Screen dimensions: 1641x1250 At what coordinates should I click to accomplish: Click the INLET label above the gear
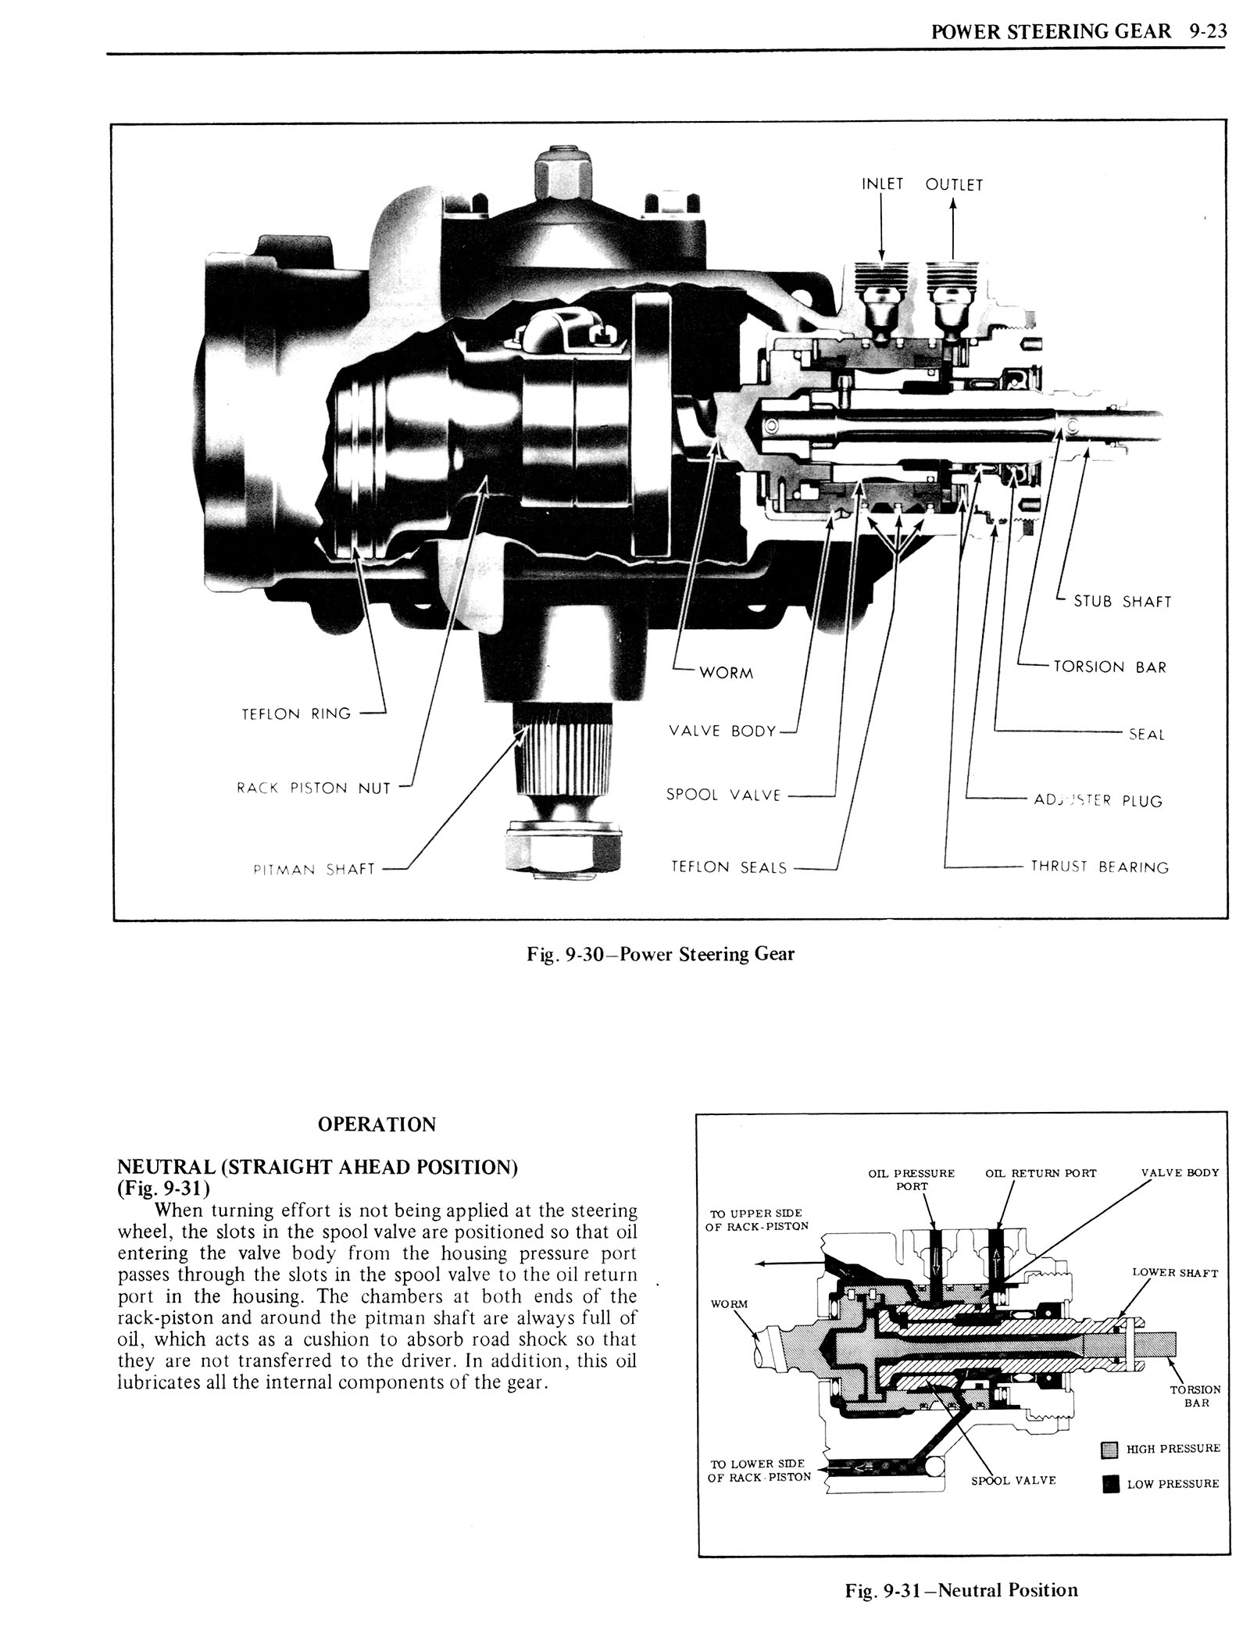click(x=882, y=184)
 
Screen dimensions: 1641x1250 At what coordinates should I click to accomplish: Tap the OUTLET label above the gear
click(x=954, y=185)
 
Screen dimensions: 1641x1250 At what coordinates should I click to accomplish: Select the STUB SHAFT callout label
click(x=1123, y=601)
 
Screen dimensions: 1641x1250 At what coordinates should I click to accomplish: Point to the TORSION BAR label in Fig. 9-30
click(x=1109, y=667)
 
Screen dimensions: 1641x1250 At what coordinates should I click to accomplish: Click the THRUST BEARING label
click(x=1099, y=867)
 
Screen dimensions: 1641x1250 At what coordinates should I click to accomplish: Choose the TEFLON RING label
click(x=298, y=713)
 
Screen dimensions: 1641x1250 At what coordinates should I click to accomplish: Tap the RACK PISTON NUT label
click(x=313, y=788)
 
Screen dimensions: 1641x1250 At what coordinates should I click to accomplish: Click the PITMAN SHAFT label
click(x=314, y=869)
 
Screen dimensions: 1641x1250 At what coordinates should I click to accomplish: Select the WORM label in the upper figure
click(x=726, y=673)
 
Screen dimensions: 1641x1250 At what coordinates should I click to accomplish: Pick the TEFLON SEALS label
click(x=730, y=867)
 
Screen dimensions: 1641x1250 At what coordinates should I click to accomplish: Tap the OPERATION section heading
click(x=377, y=1124)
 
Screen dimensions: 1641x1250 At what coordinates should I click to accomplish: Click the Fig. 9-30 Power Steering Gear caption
click(x=660, y=953)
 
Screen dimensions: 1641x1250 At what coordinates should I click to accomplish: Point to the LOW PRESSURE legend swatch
click(x=1109, y=1484)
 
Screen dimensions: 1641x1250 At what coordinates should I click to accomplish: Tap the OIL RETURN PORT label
click(x=1041, y=1173)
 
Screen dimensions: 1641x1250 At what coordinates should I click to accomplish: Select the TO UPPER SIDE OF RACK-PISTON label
click(x=757, y=1220)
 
